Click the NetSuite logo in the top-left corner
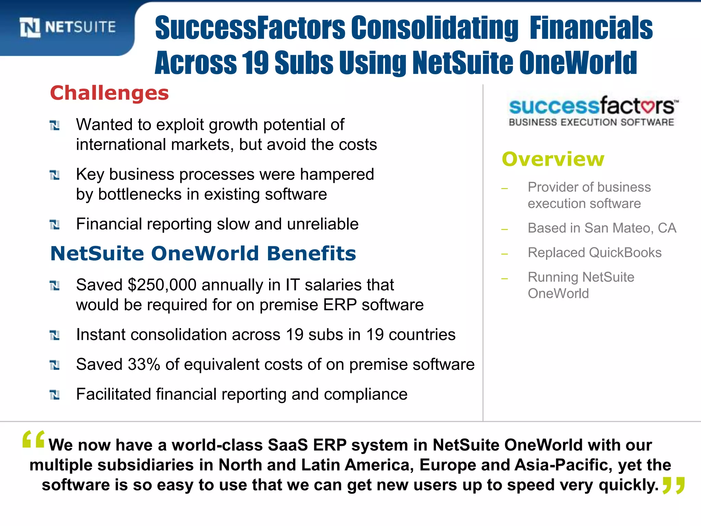click(68, 27)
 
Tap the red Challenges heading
click(110, 93)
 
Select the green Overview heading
click(553, 159)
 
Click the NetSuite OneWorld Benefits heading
click(203, 253)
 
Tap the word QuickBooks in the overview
click(625, 253)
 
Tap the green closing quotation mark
click(673, 485)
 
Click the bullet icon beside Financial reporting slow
click(55, 225)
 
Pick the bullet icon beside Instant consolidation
click(55, 335)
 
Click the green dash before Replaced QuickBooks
click(504, 254)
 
